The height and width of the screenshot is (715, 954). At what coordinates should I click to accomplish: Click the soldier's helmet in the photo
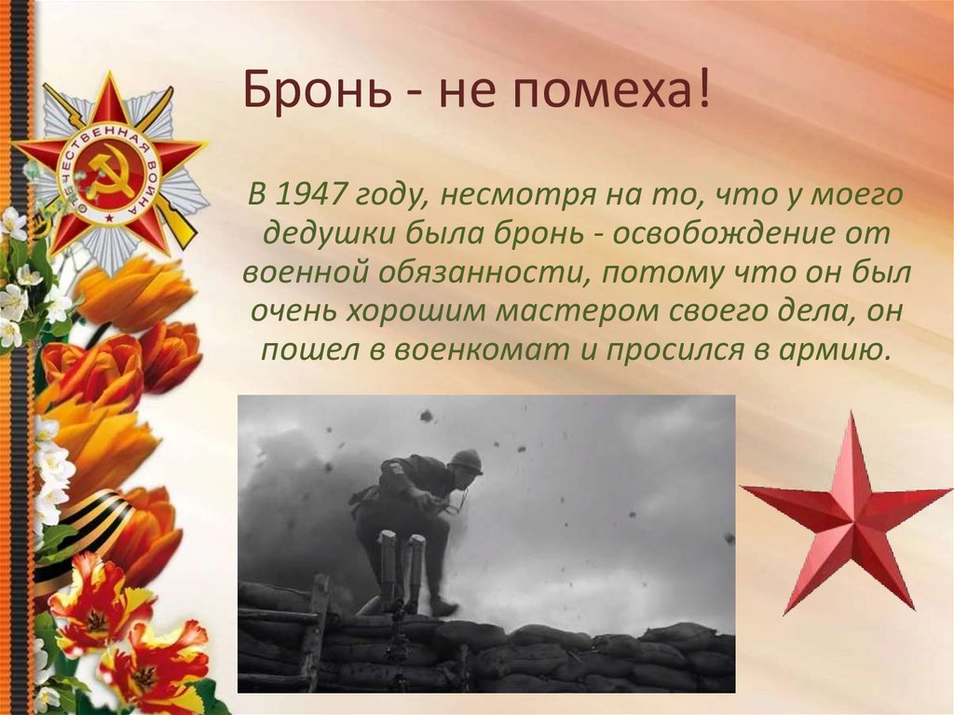(x=465, y=461)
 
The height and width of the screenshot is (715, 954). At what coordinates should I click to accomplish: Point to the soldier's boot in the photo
(x=442, y=606)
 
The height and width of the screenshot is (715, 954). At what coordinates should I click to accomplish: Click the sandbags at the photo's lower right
(x=652, y=657)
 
